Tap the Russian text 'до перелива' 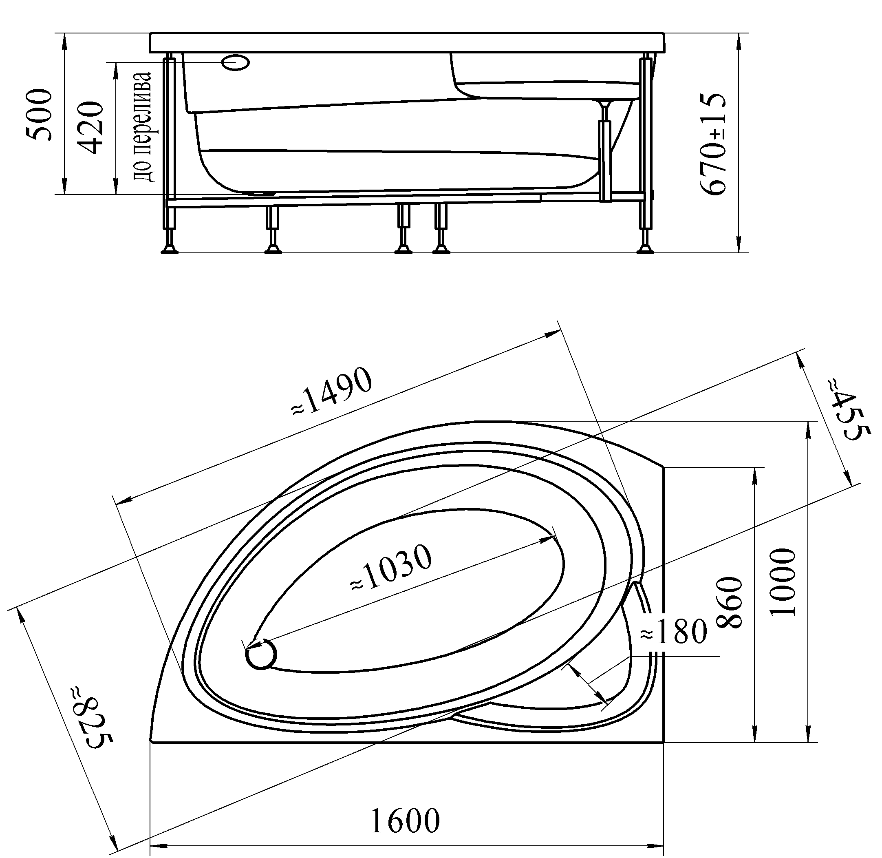pos(141,126)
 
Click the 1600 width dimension pos(405,820)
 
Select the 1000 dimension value pos(783,582)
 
